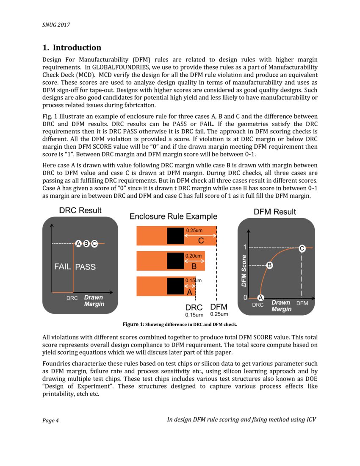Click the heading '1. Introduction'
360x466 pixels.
point(72,47)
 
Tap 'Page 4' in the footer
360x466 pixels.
point(50,420)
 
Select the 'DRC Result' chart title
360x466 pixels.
point(80,210)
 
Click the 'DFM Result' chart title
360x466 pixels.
point(275,211)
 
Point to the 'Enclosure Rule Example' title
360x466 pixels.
point(173,216)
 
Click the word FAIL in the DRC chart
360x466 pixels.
point(62,267)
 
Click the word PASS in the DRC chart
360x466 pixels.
point(85,267)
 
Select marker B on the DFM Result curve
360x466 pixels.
point(269,266)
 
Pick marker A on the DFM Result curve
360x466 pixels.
point(261,297)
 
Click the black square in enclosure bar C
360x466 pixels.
point(175,236)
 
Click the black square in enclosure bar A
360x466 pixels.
point(175,286)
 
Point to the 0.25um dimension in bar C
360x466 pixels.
point(194,230)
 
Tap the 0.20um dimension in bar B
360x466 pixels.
point(194,256)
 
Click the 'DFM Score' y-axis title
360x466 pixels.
point(244,271)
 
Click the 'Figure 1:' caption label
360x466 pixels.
point(133,325)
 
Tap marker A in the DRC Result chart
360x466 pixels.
point(78,244)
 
